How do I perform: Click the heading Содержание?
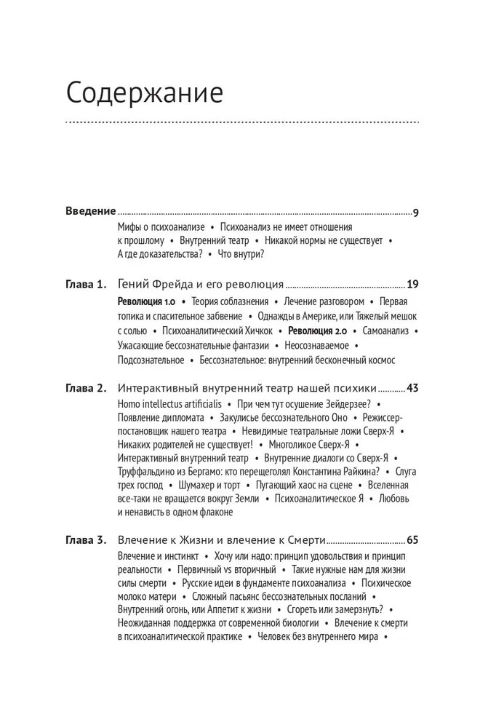144,94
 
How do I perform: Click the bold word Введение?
91,212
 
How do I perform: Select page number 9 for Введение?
415,213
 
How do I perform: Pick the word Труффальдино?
148,471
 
